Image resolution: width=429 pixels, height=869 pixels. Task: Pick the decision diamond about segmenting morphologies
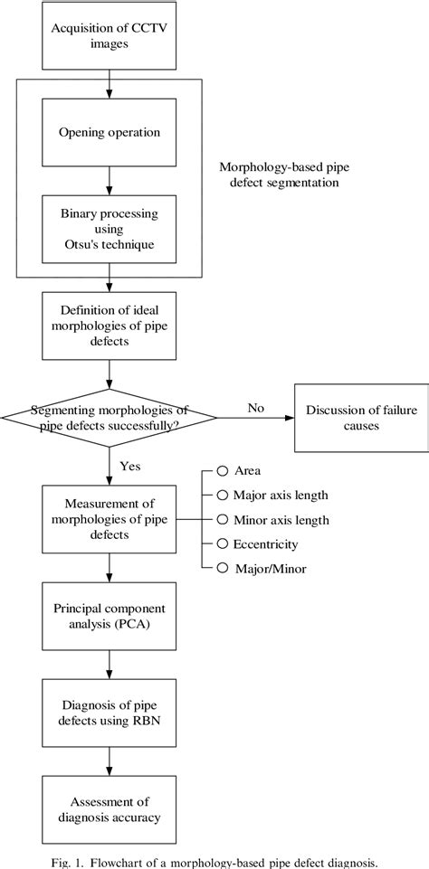110,416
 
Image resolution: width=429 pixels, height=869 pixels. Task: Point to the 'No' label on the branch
256,407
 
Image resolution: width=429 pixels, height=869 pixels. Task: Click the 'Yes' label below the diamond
129,466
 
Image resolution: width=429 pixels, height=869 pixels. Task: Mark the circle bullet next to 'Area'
221,472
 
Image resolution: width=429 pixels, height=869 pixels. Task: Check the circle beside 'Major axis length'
221,496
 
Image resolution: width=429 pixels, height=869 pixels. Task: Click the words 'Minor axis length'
281,519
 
